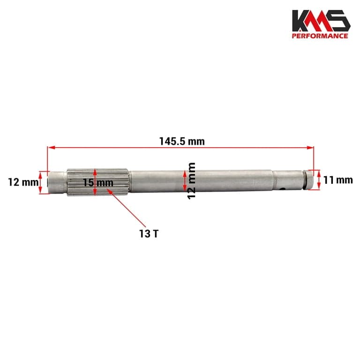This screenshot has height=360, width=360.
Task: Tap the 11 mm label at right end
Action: pyautogui.click(x=337, y=180)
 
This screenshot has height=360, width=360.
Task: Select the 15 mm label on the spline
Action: pyautogui.click(x=98, y=182)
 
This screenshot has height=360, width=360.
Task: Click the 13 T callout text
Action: pyautogui.click(x=148, y=233)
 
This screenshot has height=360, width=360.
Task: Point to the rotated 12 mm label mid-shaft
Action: pyautogui.click(x=191, y=180)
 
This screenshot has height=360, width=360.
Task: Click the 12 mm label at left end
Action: pyautogui.click(x=23, y=182)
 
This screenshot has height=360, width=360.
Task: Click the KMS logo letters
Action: pyautogui.click(x=321, y=21)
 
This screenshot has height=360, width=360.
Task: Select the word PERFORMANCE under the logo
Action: pyautogui.click(x=321, y=36)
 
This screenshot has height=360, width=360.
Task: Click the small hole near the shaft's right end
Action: pyautogui.click(x=282, y=189)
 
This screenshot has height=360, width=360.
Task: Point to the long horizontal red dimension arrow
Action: pyautogui.click(x=181, y=148)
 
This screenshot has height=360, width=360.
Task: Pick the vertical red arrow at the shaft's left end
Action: pyautogui.click(x=41, y=182)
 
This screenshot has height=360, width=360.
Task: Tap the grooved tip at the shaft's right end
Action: pyautogui.click(x=307, y=180)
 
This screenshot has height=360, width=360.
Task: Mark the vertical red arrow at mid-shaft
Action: pyautogui.click(x=185, y=180)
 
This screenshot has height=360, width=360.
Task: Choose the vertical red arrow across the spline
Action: pyautogui.click(x=95, y=182)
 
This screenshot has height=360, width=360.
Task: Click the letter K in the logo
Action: pyautogui.click(x=301, y=21)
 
